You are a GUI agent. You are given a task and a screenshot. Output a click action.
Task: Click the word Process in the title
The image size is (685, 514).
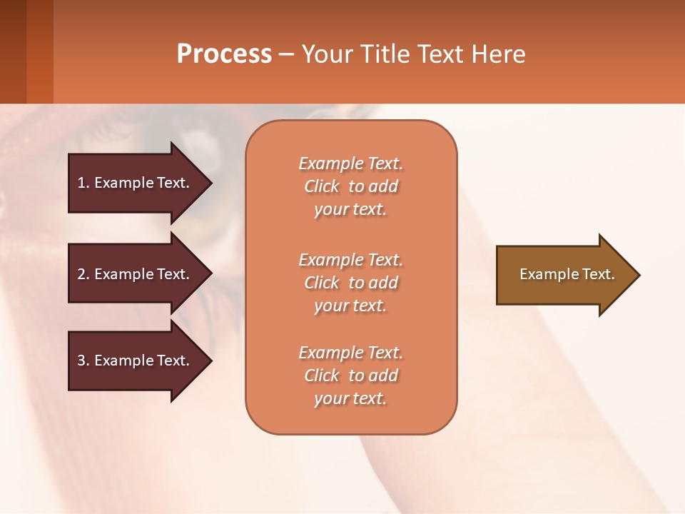[224, 54]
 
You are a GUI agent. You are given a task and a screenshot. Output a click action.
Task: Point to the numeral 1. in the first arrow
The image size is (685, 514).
[83, 183]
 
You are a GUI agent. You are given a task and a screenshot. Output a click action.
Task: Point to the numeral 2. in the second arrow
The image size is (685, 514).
[83, 274]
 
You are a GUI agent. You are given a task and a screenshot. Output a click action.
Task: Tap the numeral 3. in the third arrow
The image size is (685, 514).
[83, 361]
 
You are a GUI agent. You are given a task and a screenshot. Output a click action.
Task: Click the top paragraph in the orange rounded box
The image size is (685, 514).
[350, 186]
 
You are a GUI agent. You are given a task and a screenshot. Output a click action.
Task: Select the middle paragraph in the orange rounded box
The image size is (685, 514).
[350, 283]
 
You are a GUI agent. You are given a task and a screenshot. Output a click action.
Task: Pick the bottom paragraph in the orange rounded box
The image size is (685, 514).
[350, 376]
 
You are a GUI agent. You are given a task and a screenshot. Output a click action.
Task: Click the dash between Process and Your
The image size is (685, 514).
[286, 55]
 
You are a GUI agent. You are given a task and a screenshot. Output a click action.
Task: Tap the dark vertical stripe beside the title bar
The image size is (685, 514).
[13, 51]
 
